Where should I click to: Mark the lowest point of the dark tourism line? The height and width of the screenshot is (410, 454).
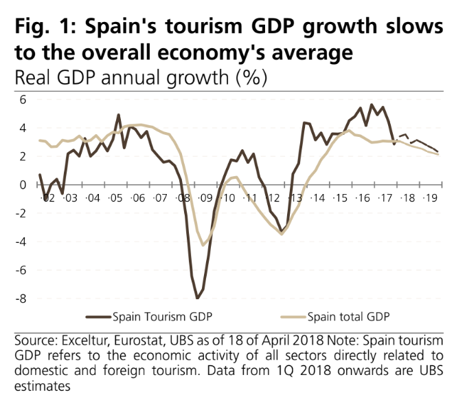coord(198,298)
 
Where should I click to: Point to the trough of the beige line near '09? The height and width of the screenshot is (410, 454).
coord(203,245)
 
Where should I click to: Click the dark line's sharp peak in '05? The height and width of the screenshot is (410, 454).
coord(119,115)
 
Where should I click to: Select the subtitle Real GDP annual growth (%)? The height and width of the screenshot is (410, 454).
coord(135,78)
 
